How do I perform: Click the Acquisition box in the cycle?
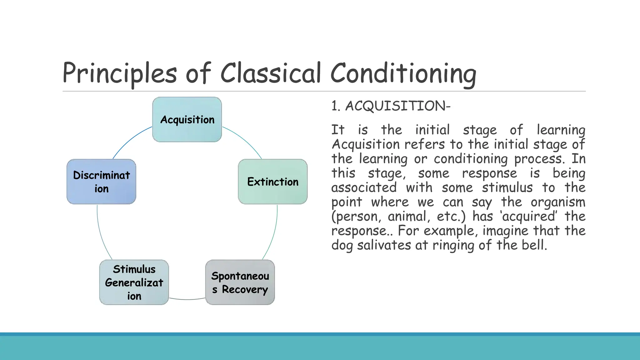[x=187, y=119]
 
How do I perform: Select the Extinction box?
[x=272, y=182]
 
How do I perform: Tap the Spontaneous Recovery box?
[x=240, y=282]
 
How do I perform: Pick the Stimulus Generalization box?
[x=134, y=282]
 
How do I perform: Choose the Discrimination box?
[x=101, y=182]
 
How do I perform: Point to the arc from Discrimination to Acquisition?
[x=130, y=139]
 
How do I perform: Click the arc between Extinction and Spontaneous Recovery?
[x=273, y=234]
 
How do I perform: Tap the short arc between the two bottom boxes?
[x=187, y=299]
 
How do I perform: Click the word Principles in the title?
[x=120, y=74]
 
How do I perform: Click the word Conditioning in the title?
[x=403, y=74]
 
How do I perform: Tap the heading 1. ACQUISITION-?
[x=391, y=106]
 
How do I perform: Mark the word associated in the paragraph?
[x=364, y=188]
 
